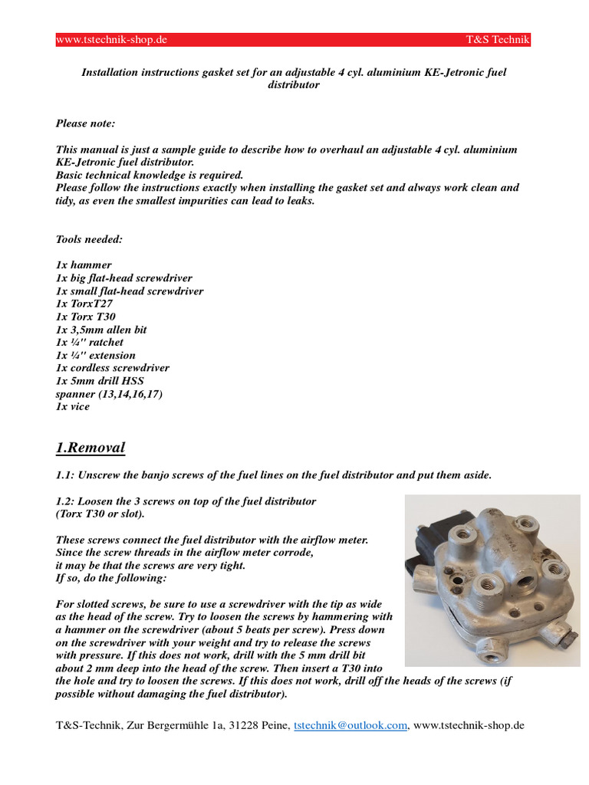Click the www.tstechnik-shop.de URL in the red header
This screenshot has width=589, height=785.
point(112,40)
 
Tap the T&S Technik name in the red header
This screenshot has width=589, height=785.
point(498,40)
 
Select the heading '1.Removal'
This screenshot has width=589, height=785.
point(90,448)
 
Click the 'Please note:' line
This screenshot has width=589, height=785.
point(86,123)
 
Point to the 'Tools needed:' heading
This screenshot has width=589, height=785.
point(89,239)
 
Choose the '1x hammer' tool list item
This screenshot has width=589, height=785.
point(84,265)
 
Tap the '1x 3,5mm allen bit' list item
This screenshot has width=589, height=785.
point(101,330)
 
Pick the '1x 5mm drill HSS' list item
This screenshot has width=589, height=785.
point(100,381)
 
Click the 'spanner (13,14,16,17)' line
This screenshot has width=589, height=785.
point(109,394)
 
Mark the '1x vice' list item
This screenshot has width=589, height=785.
point(73,407)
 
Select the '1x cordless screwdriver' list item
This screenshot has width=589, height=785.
point(113,368)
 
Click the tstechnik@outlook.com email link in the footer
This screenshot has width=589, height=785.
point(350,725)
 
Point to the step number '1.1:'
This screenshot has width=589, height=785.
point(67,475)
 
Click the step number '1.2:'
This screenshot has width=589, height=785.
point(67,501)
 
